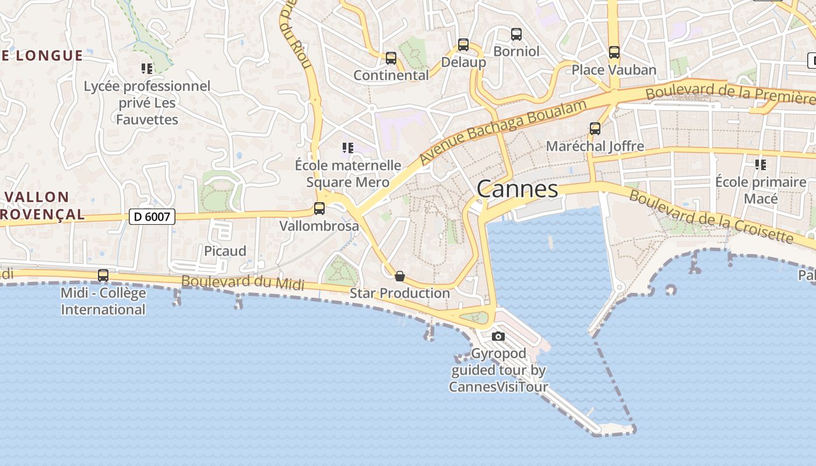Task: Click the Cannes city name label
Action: tap(517, 189)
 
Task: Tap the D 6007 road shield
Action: tap(152, 217)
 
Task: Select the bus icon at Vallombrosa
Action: tap(319, 208)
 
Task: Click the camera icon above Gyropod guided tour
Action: tap(498, 336)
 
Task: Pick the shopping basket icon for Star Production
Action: tap(400, 276)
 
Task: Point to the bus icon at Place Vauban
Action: tap(614, 52)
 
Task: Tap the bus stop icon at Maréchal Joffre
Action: tap(595, 129)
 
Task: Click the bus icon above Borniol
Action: tap(516, 34)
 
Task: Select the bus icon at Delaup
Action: tap(463, 44)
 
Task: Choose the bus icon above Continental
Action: tap(391, 58)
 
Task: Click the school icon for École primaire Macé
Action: tap(761, 164)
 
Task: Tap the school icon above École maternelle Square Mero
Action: tap(348, 147)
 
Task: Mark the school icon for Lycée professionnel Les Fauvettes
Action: tap(147, 68)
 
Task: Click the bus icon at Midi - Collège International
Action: tap(103, 275)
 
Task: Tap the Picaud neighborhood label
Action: tap(225, 251)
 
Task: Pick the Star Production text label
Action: tap(400, 293)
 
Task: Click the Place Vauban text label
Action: tap(614, 70)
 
